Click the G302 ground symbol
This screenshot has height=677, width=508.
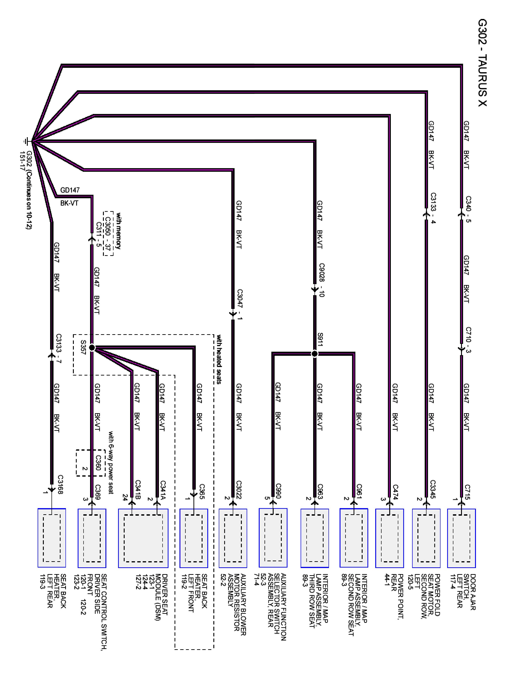[27, 141]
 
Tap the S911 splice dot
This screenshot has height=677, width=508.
[315, 354]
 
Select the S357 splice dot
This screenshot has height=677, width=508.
[92, 348]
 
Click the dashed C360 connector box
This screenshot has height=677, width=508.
[90, 463]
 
